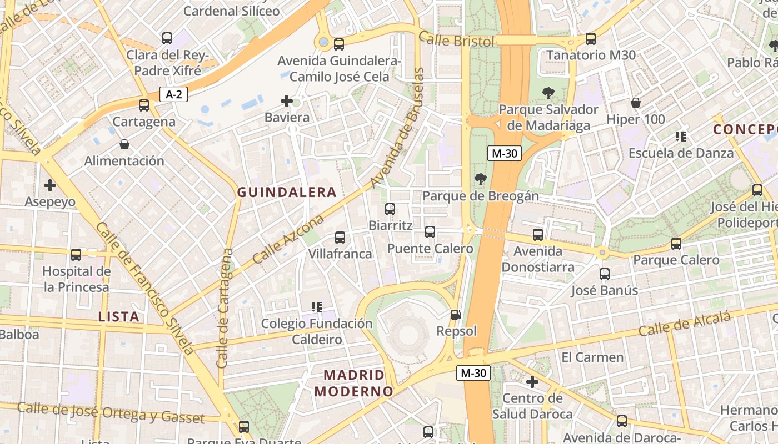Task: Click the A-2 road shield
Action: click(x=173, y=94)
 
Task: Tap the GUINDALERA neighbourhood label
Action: click(x=287, y=193)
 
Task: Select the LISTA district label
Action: click(x=118, y=317)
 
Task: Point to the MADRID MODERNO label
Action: click(x=353, y=383)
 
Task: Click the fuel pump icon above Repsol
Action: click(x=456, y=315)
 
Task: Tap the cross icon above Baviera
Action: click(x=287, y=101)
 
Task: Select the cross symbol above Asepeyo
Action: click(x=50, y=185)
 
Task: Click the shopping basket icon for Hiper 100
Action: click(x=636, y=103)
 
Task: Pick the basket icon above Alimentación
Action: click(x=124, y=144)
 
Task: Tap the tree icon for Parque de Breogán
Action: click(x=480, y=179)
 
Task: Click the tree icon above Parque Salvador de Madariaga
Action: click(x=548, y=93)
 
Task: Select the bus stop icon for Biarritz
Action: click(x=390, y=209)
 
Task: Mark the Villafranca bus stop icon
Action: click(x=340, y=238)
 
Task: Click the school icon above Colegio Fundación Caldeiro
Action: click(x=317, y=306)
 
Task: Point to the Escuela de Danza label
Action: click(x=681, y=153)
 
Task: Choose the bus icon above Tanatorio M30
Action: click(x=591, y=39)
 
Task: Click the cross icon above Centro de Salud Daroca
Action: click(x=532, y=382)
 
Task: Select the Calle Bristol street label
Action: click(x=456, y=40)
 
